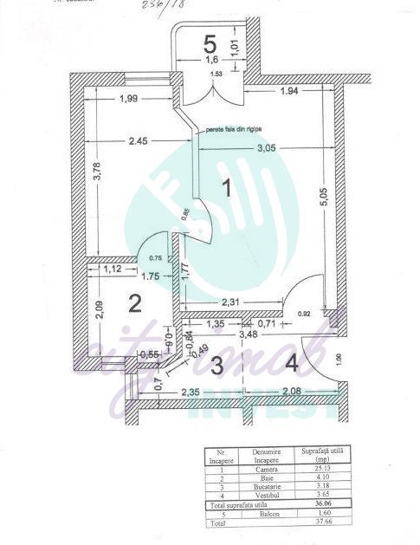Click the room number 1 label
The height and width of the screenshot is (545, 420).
227,187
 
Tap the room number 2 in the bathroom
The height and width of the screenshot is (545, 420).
135,302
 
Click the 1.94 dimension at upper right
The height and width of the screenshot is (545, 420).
289,91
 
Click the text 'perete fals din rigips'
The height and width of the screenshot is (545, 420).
233,130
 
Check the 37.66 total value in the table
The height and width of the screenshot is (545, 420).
320,522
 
